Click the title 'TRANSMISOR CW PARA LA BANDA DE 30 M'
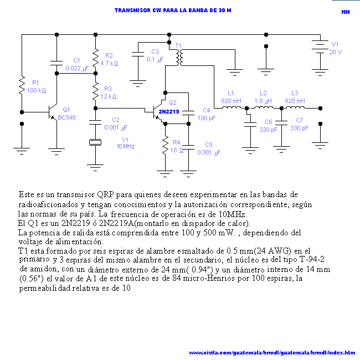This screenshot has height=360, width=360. point(172,11)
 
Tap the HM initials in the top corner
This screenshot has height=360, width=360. point(345,12)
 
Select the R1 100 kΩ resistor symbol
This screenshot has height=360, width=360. point(22,86)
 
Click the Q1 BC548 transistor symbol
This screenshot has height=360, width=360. point(54,112)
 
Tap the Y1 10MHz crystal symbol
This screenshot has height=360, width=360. point(95,142)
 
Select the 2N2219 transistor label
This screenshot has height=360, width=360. point(168,111)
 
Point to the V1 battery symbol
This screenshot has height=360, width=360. point(318,45)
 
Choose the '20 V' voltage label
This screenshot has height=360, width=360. point(335,52)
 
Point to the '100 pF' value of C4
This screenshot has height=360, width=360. point(206,118)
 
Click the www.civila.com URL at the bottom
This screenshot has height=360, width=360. point(272,352)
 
